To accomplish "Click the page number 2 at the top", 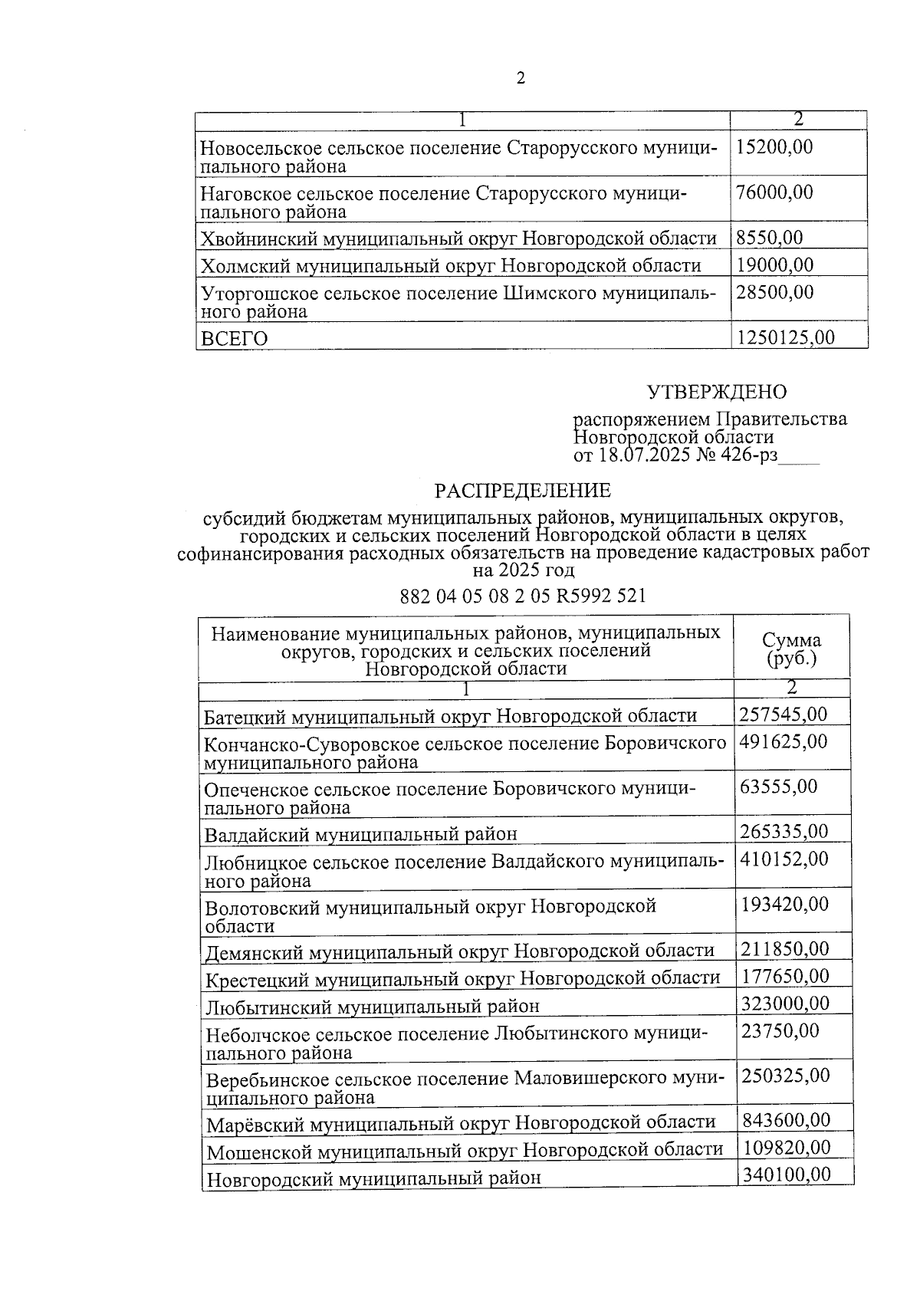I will (521, 79).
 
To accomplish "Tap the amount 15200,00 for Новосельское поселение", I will (774, 147).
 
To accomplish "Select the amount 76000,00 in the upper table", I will (774, 192).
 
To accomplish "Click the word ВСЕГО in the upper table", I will (235, 339).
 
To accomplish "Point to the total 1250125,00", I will (785, 337).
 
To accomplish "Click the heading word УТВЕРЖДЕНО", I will (717, 393).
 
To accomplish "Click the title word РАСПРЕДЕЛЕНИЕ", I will (523, 490).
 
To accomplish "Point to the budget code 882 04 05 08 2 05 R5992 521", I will (523, 596).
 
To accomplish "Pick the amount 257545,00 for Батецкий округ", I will (784, 715).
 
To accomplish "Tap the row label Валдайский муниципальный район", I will (360, 834).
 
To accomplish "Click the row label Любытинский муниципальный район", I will (372, 1006).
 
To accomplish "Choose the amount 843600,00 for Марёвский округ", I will (786, 1120).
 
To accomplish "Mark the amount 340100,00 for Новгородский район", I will (786, 1175).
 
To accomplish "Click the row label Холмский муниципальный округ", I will (450, 266).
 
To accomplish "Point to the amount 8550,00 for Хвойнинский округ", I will (770, 238).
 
